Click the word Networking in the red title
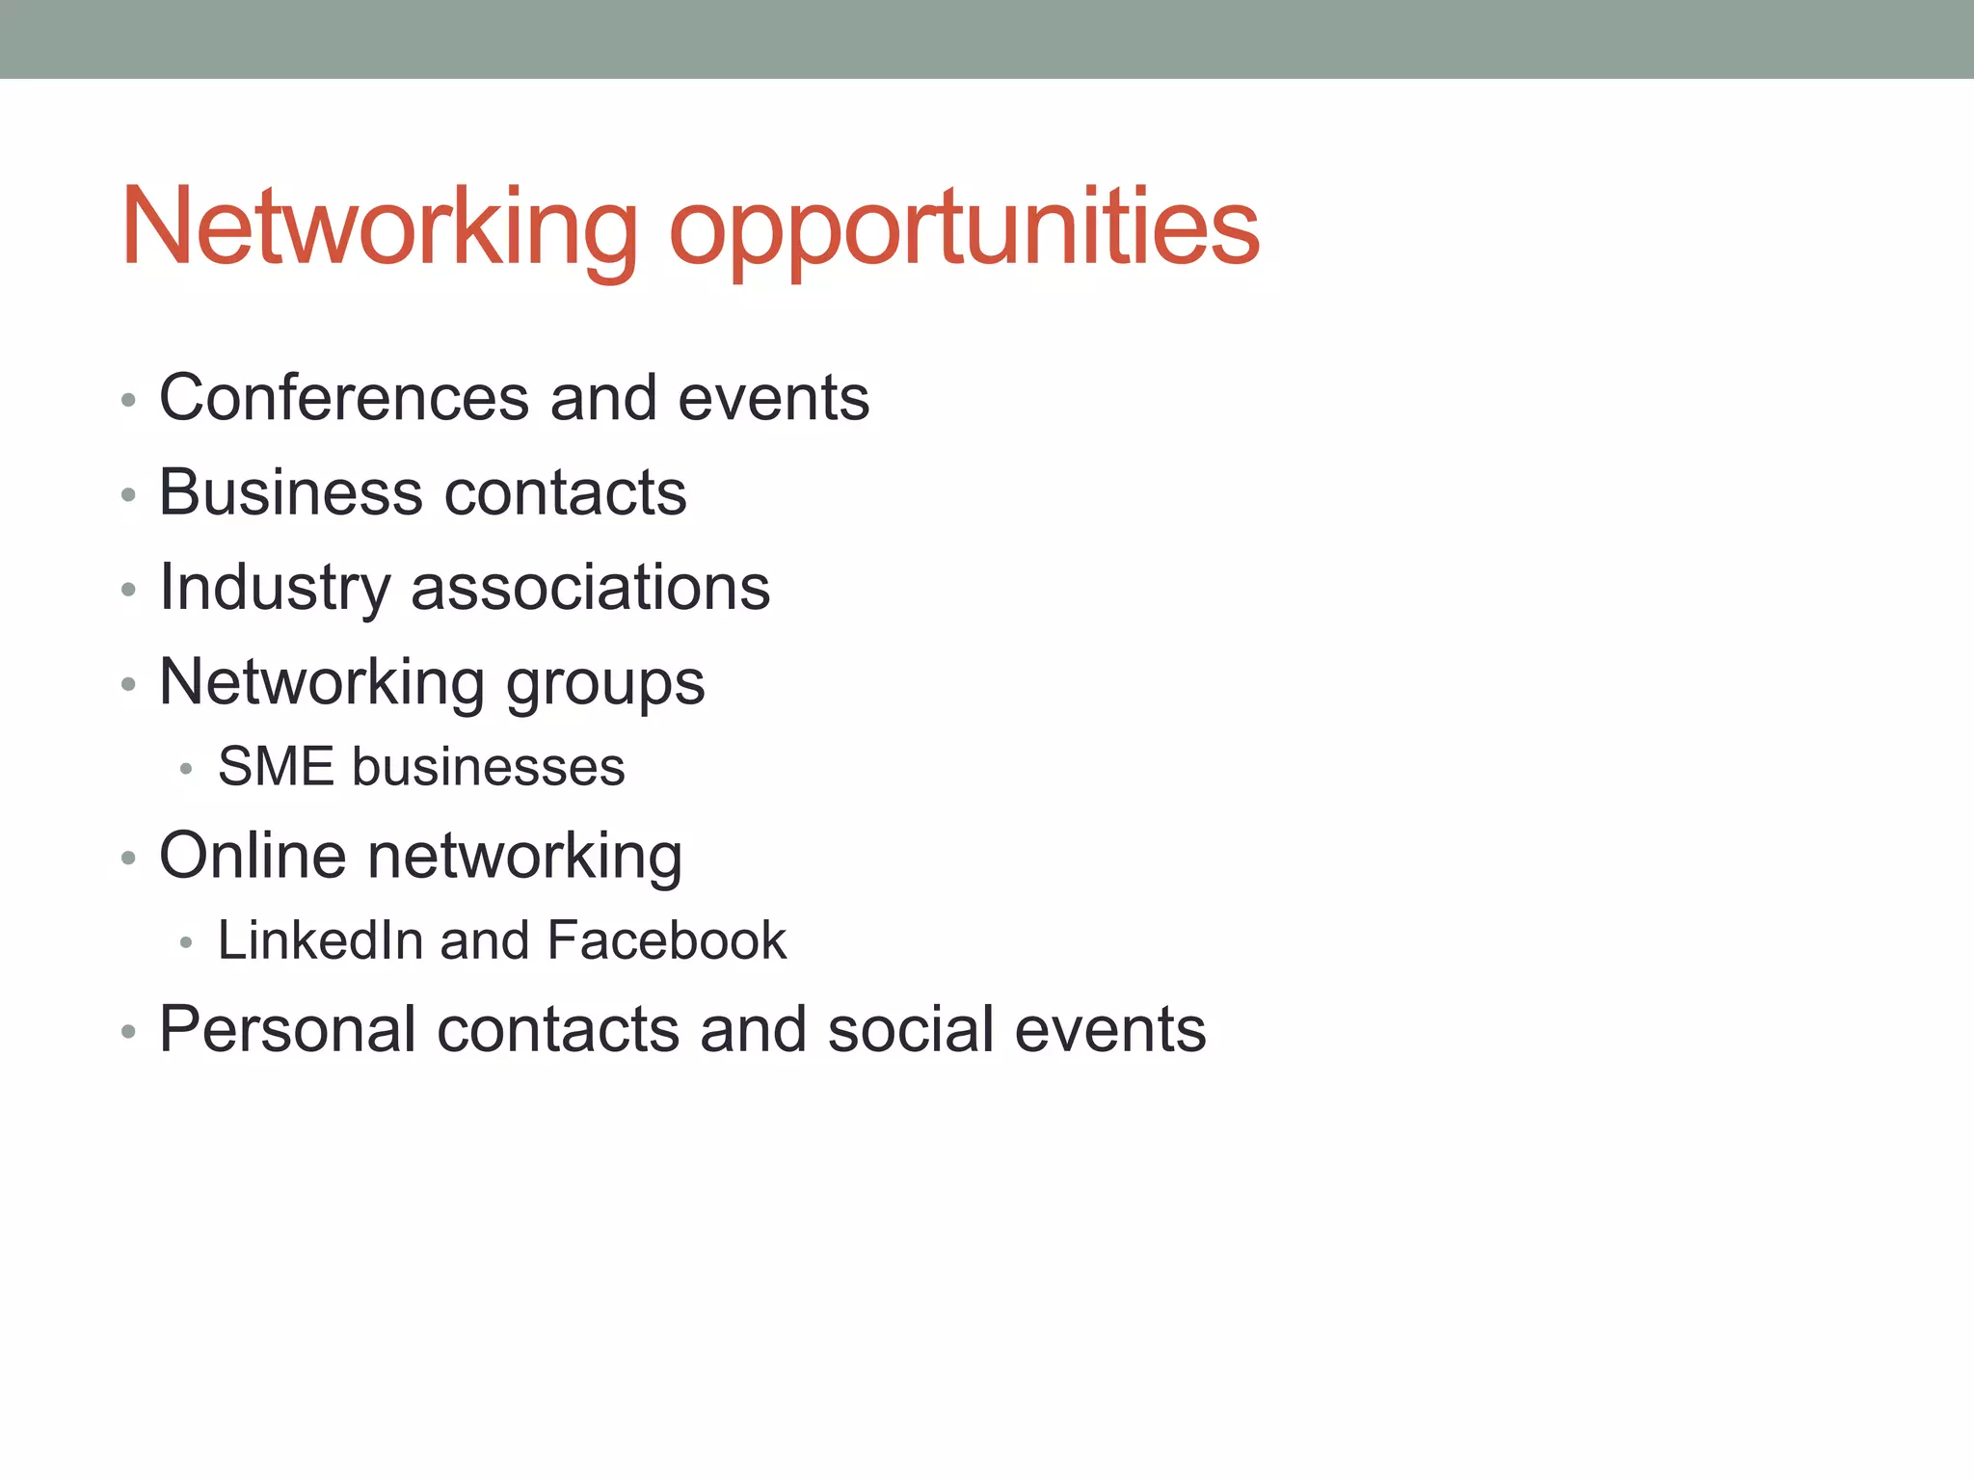(x=380, y=226)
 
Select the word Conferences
(x=344, y=397)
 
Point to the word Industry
(x=276, y=588)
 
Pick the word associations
(x=591, y=587)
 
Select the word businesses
(x=489, y=767)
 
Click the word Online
(x=253, y=856)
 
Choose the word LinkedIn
(x=320, y=940)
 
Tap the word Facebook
(x=667, y=940)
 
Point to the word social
(x=910, y=1029)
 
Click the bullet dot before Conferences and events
(x=129, y=400)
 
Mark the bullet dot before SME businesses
(x=187, y=769)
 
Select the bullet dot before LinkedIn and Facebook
(x=187, y=942)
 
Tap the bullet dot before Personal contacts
(x=129, y=1032)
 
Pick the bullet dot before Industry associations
(x=129, y=590)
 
